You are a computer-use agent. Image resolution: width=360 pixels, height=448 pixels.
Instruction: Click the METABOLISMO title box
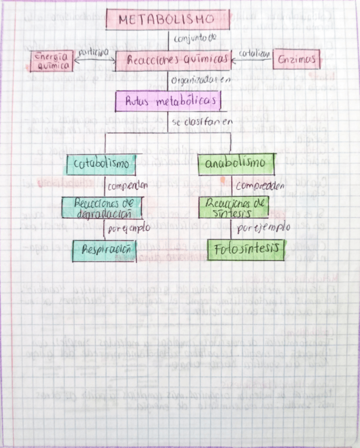pyautogui.click(x=167, y=20)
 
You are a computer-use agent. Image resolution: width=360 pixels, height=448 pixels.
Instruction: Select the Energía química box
pyautogui.click(x=51, y=61)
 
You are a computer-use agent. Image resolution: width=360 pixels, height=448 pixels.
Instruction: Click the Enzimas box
pyautogui.click(x=297, y=59)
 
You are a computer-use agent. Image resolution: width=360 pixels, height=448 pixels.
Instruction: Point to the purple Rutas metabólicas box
pyautogui.click(x=168, y=101)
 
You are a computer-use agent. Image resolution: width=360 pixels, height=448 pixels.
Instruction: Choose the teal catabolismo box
pyautogui.click(x=101, y=164)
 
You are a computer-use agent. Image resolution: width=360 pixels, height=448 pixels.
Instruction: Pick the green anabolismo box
pyautogui.click(x=236, y=163)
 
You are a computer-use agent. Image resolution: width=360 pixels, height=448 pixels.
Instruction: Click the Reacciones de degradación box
pyautogui.click(x=102, y=208)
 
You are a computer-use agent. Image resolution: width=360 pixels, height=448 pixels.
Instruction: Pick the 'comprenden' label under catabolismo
pyautogui.click(x=128, y=185)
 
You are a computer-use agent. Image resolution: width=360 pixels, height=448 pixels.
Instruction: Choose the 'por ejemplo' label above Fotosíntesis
pyautogui.click(x=262, y=228)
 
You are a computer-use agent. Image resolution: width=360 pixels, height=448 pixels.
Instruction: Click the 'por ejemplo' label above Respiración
pyautogui.click(x=129, y=228)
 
